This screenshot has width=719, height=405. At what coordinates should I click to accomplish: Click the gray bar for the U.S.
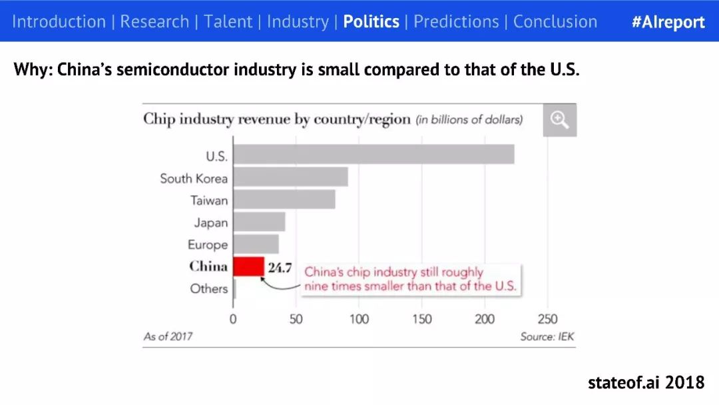[x=373, y=154]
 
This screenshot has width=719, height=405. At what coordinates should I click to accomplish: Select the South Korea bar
[x=290, y=177]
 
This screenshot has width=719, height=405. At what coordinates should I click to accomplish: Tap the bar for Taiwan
[x=284, y=200]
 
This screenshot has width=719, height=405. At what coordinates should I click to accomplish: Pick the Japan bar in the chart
[x=259, y=222]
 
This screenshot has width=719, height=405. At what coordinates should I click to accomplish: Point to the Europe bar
[x=256, y=244]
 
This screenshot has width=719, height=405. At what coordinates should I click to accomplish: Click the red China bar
[x=248, y=266]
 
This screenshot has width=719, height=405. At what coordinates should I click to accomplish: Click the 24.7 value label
[x=280, y=268]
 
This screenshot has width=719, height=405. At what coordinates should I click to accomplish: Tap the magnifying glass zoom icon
[x=559, y=120]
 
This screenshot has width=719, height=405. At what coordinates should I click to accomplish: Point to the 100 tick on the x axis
[x=359, y=319]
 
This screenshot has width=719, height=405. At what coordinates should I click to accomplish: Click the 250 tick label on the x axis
[x=547, y=319]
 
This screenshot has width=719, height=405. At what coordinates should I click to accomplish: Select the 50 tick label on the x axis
[x=296, y=319]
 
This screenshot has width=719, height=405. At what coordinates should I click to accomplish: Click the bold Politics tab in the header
[x=371, y=21]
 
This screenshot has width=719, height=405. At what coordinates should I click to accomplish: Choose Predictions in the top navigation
[x=456, y=21]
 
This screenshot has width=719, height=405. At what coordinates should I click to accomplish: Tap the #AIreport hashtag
[x=668, y=21]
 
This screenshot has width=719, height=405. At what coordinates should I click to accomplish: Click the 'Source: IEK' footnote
[x=547, y=337]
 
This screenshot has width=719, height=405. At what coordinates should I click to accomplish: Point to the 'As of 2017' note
[x=168, y=337]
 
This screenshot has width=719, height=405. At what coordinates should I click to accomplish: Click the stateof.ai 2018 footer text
[x=646, y=382]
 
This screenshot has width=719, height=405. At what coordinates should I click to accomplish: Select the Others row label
[x=208, y=289]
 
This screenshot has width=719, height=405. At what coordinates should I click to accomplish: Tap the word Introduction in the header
[x=59, y=21]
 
